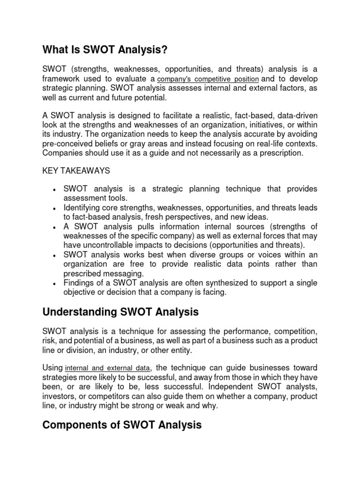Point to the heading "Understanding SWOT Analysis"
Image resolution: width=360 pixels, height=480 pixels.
(120, 312)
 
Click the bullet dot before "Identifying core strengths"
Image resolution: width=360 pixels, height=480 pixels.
(55, 208)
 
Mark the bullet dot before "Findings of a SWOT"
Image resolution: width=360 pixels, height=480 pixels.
(55, 284)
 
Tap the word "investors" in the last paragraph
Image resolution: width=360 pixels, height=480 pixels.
(59, 396)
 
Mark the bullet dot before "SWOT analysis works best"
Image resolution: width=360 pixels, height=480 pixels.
(55, 255)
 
